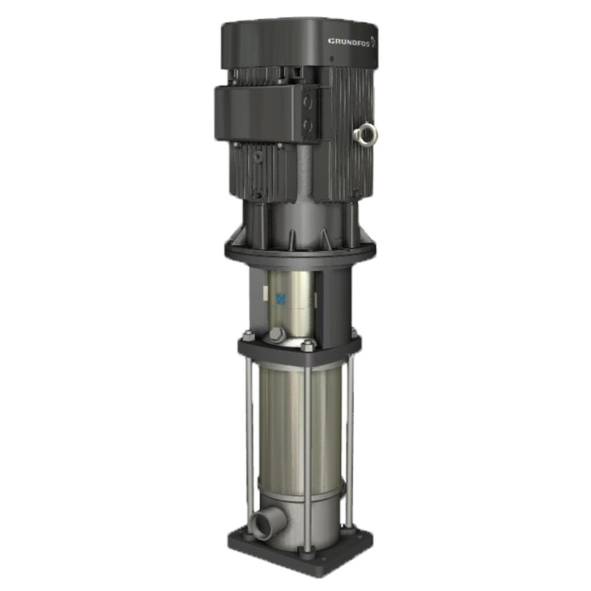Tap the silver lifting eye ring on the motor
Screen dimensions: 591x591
[366, 134]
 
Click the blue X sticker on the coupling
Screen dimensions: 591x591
[281, 299]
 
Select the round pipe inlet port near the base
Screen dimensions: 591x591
[261, 526]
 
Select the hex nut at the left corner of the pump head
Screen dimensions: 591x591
[249, 336]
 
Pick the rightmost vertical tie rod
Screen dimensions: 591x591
[349, 436]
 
